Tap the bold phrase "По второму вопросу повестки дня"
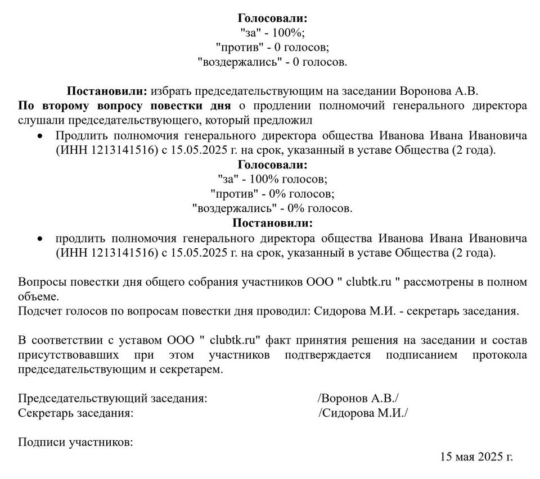[x=125, y=106]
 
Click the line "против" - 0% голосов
[x=272, y=194]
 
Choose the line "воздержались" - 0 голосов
[x=272, y=62]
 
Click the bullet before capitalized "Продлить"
[x=39, y=136]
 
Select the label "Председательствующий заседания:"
[x=113, y=399]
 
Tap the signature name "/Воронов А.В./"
[x=358, y=399]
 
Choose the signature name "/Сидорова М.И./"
[x=363, y=413]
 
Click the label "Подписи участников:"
[x=75, y=442]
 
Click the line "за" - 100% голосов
[x=272, y=179]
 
